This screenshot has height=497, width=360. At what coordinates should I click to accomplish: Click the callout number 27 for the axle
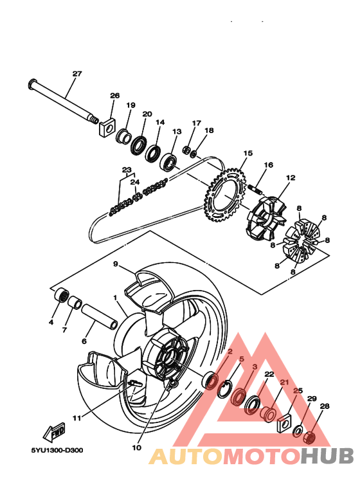pyautogui.click(x=77, y=74)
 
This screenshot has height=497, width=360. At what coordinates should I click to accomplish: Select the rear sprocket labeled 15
pyautogui.click(x=226, y=194)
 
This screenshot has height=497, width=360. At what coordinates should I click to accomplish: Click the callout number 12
pyautogui.click(x=291, y=177)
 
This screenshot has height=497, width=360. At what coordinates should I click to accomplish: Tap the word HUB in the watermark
pyautogui.click(x=327, y=456)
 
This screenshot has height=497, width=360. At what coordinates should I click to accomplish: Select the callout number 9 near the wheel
pyautogui.click(x=116, y=264)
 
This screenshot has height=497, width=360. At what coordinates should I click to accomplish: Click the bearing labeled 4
pyautogui.click(x=62, y=296)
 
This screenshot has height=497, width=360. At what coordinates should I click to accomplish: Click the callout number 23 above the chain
pyautogui.click(x=127, y=169)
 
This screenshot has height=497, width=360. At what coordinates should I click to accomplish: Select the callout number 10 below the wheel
pyautogui.click(x=136, y=447)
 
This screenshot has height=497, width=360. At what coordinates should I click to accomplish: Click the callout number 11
pyautogui.click(x=77, y=418)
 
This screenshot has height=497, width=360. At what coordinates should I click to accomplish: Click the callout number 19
pyautogui.click(x=130, y=105)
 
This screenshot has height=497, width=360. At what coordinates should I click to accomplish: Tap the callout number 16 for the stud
pyautogui.click(x=268, y=165)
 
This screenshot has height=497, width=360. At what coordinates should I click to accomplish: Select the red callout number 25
pyautogui.click(x=298, y=390)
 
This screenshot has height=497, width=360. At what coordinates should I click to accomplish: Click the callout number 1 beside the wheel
pyautogui.click(x=115, y=298)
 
